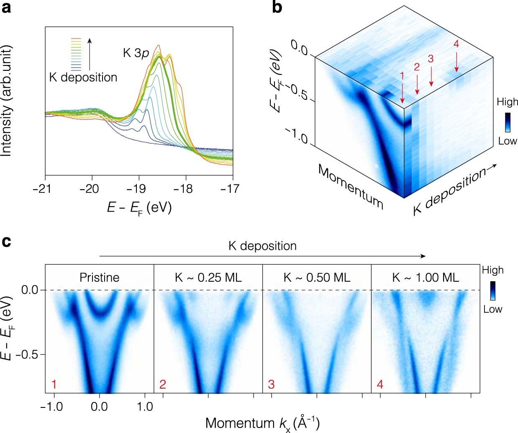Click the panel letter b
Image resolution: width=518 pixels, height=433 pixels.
277,7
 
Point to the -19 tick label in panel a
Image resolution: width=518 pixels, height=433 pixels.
136,189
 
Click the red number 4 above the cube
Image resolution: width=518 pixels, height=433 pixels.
456,44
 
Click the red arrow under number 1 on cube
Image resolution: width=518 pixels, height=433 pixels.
402,92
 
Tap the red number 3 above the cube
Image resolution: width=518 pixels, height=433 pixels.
431,59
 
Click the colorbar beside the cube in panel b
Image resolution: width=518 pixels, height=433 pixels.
507,122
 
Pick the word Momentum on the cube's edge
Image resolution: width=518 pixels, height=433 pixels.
350,187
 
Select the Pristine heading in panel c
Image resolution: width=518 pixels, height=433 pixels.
100,277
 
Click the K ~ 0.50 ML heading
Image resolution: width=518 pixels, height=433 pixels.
317,277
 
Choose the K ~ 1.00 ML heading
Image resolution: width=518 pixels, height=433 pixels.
426,277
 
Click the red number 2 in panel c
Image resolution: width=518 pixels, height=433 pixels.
163,384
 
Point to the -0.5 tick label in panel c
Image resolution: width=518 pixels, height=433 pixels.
28,355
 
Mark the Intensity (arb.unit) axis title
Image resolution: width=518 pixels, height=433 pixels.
6,101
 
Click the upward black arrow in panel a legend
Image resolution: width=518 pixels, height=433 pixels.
90,54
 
